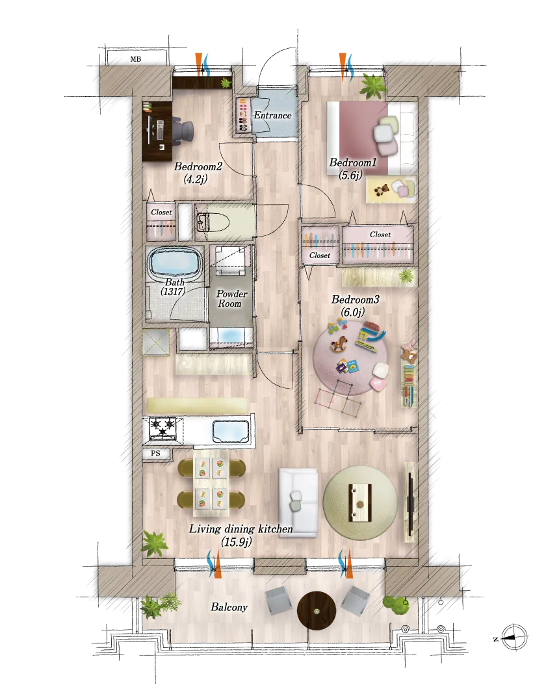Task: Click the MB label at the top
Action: [x=136, y=59]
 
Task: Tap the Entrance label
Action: [x=272, y=115]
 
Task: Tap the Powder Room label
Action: [x=231, y=299]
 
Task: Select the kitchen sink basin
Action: [x=230, y=432]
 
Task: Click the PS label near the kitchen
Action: [x=155, y=453]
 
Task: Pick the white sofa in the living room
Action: [x=298, y=503]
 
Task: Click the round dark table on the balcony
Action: [x=317, y=610]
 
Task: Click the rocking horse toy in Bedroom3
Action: [x=341, y=344]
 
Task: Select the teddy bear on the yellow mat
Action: [x=382, y=190]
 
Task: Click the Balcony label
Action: [x=229, y=607]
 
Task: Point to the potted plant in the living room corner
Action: [x=155, y=543]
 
